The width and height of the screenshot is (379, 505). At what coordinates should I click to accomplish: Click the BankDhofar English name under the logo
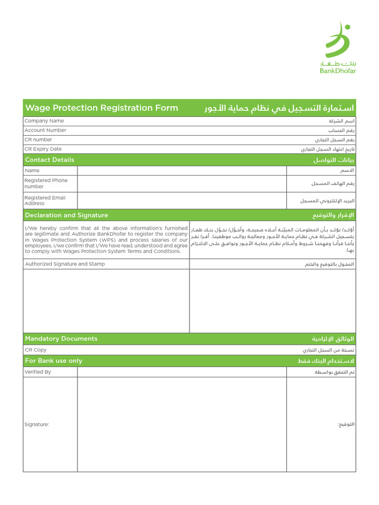(x=338, y=71)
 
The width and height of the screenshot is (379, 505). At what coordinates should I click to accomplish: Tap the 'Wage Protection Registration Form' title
(x=102, y=108)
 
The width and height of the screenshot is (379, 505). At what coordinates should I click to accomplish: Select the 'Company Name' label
(x=44, y=121)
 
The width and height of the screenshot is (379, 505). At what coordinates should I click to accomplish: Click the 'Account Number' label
(x=45, y=130)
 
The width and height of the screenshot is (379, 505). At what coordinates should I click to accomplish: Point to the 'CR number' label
(x=38, y=140)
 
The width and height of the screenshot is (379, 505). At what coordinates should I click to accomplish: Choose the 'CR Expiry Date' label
(x=43, y=149)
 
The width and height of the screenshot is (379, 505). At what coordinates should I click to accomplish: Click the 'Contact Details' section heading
(x=50, y=160)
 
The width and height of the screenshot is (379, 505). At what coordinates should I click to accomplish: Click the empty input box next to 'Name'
(x=182, y=171)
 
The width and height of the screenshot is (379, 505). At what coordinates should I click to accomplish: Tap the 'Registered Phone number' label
(x=46, y=183)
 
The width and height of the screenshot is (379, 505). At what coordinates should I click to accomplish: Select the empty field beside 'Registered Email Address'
(x=182, y=201)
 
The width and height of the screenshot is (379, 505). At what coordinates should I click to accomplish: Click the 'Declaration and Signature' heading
(x=67, y=216)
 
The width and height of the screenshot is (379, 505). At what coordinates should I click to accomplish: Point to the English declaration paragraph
(x=106, y=240)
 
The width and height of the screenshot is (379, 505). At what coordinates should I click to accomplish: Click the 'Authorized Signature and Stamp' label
(x=65, y=264)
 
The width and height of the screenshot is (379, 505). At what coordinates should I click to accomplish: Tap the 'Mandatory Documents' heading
(x=61, y=339)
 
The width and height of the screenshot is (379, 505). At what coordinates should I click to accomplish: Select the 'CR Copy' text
(x=36, y=350)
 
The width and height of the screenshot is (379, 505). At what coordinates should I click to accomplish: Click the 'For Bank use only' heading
(x=54, y=361)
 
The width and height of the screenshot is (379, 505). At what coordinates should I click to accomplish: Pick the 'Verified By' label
(x=38, y=372)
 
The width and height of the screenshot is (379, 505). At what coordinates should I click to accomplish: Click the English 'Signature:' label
(x=37, y=425)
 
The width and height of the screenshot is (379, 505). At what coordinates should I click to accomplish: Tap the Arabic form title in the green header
(x=279, y=108)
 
